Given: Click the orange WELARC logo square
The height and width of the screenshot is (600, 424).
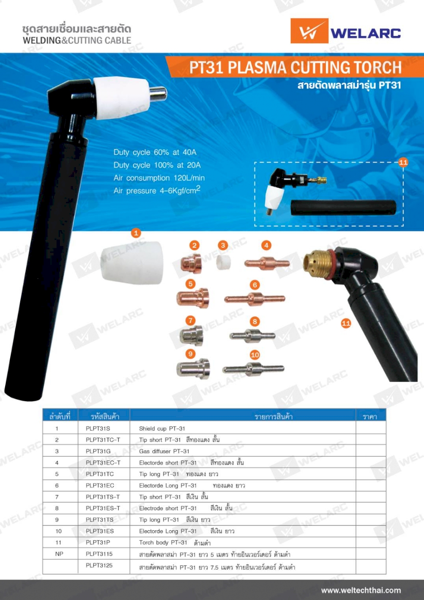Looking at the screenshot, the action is pyautogui.click(x=309, y=31).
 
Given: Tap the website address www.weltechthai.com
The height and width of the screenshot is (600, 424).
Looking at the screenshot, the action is pyautogui.click(x=361, y=591).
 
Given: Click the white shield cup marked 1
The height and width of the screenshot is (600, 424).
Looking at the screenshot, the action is pyautogui.click(x=132, y=262).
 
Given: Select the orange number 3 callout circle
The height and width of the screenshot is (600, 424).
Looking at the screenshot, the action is pyautogui.click(x=223, y=245).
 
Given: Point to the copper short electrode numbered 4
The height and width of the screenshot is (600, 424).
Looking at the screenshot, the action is pyautogui.click(x=267, y=263).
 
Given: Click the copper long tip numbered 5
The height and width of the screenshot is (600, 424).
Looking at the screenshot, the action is pyautogui.click(x=192, y=298).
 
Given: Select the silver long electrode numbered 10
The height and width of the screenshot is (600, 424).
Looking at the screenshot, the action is pyautogui.click(x=253, y=369).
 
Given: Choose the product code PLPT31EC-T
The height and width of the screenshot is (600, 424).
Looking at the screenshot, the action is pyautogui.click(x=103, y=463).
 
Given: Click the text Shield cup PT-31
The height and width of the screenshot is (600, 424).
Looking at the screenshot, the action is pyautogui.click(x=162, y=429).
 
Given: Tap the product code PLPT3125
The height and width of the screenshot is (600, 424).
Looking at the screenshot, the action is pyautogui.click(x=99, y=565).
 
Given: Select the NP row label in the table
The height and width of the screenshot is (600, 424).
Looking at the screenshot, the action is pyautogui.click(x=59, y=554).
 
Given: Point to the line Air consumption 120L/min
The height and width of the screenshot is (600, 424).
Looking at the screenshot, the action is pyautogui.click(x=159, y=178).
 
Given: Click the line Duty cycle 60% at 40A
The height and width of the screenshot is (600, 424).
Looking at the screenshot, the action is pyautogui.click(x=155, y=152).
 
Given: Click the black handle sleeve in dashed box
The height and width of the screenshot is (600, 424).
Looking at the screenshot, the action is pyautogui.click(x=343, y=207).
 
